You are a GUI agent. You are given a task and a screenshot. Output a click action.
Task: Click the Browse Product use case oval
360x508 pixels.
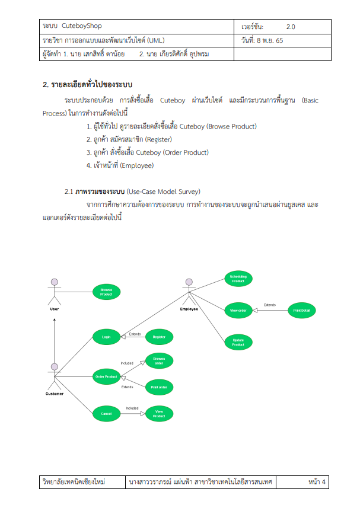[x=106, y=292]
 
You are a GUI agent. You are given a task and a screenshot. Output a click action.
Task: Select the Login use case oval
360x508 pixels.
[x=106, y=337]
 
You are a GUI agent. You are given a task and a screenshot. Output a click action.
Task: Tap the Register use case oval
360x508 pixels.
[x=159, y=337]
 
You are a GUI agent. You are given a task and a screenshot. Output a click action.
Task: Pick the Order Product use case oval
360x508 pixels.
[x=106, y=376]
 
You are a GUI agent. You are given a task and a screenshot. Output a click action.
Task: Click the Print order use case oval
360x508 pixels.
[x=159, y=388]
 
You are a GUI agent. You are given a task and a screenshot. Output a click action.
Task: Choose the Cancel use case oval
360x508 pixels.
[x=106, y=413]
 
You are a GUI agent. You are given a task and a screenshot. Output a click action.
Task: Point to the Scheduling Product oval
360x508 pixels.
[x=238, y=279]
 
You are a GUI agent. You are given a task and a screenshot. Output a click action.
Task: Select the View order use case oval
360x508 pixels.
[x=238, y=309]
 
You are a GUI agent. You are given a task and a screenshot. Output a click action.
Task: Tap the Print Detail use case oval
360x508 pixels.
[x=301, y=309]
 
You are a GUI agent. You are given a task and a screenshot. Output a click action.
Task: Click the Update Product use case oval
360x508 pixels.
[x=238, y=342]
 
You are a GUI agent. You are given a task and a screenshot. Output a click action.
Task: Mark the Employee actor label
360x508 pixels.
[x=189, y=309]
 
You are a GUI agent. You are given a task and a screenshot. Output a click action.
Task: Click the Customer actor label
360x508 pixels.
[x=55, y=394]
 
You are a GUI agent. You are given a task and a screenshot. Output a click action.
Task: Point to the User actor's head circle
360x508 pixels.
[x=55, y=282]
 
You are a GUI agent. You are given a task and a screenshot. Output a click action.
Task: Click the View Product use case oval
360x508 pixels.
[x=159, y=413]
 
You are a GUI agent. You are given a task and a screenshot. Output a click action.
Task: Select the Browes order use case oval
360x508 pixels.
[x=159, y=361]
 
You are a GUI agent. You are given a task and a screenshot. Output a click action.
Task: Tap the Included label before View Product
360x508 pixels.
[x=132, y=408]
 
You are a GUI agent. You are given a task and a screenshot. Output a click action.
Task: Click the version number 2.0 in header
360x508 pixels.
[x=291, y=27]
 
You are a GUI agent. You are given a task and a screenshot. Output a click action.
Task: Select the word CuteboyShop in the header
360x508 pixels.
[x=82, y=27]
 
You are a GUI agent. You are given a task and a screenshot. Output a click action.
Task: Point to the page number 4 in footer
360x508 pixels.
[x=324, y=483]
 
